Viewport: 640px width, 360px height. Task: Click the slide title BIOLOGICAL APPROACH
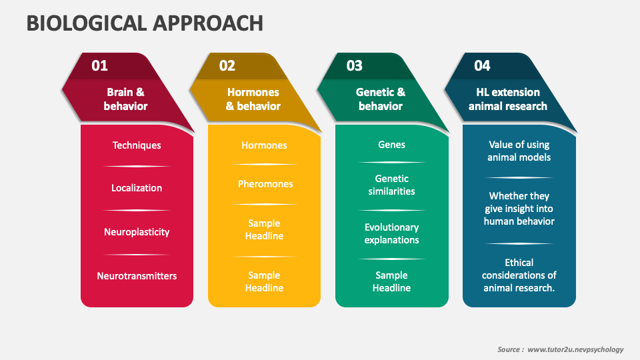point(145,23)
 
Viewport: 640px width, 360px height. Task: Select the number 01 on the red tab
point(99,65)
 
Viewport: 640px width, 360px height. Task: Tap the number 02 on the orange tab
point(227,65)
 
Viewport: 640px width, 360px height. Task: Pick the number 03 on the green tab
point(355,65)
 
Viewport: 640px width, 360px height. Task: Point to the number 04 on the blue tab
point(482,65)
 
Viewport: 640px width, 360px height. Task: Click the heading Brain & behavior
point(125,99)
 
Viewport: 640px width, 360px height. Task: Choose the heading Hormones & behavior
point(253,99)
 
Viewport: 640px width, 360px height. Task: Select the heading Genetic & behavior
point(381,99)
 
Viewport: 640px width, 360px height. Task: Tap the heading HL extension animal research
point(508,99)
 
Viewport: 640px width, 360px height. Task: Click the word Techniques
point(137,145)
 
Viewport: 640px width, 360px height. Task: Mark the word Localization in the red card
point(137,188)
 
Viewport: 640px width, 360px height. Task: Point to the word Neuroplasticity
point(137,232)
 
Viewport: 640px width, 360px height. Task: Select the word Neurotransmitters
point(137,275)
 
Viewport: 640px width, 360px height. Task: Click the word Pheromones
point(265,184)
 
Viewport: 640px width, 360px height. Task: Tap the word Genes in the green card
point(391,145)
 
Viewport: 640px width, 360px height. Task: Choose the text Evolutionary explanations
point(391,233)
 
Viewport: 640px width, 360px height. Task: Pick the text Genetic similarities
point(391,185)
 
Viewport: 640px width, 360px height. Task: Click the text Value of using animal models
point(519,151)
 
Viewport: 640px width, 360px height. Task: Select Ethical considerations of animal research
point(519,275)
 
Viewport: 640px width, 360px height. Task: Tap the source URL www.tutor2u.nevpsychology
point(575,349)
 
